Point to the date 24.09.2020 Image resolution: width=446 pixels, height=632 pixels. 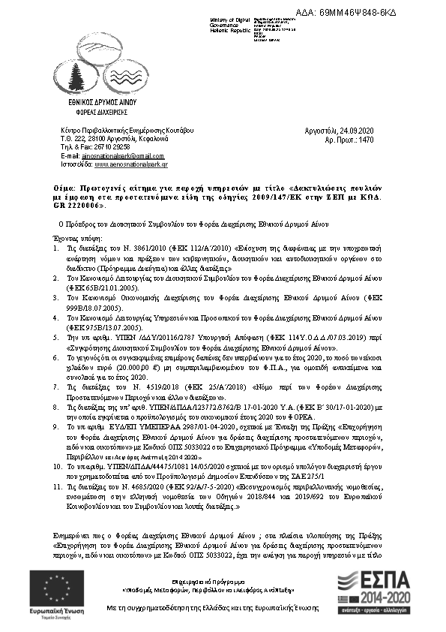357,131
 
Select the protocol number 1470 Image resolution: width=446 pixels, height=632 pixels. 367,140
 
